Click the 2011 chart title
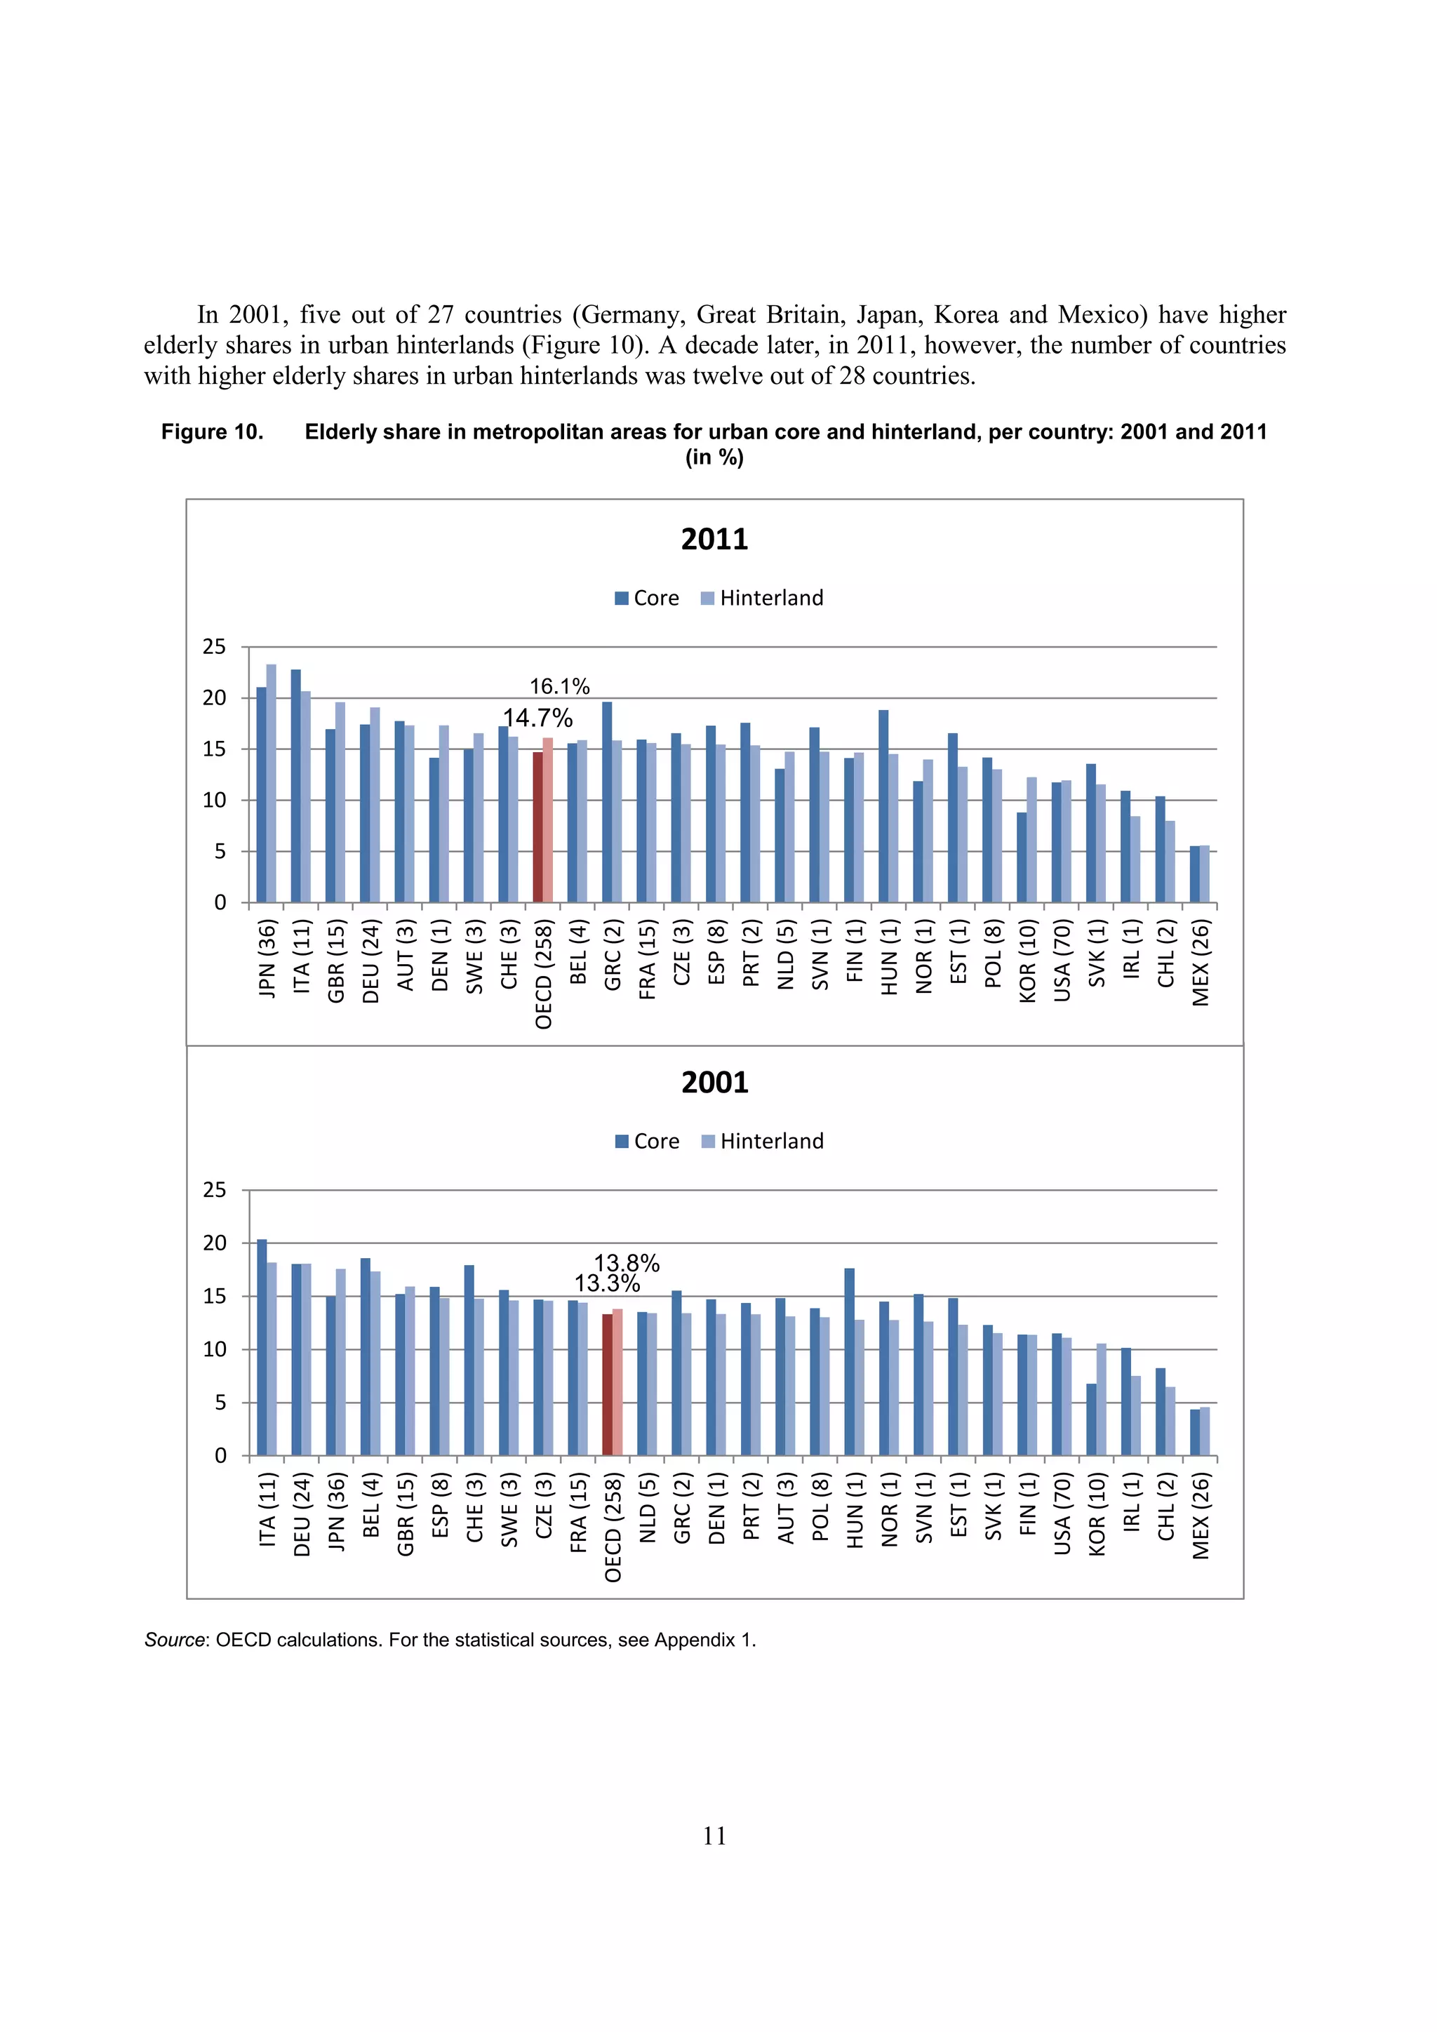(x=714, y=539)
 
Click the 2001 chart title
(x=714, y=1083)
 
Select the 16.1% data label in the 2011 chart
(x=559, y=687)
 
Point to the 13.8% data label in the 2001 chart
(x=627, y=1263)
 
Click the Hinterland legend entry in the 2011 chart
(x=762, y=599)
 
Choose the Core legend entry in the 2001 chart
(x=647, y=1142)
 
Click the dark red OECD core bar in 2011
(x=537, y=827)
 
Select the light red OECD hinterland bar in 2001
(x=617, y=1382)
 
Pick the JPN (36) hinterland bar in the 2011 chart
(x=272, y=782)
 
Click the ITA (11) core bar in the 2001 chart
(x=262, y=1347)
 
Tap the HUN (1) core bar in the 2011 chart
(x=883, y=806)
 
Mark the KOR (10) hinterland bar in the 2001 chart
(x=1102, y=1399)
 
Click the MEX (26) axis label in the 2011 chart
(x=1200, y=963)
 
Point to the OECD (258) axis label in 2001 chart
(x=613, y=1528)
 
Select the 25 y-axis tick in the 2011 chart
(x=214, y=647)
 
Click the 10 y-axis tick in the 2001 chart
(x=214, y=1350)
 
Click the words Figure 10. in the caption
(x=213, y=432)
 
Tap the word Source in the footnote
(x=174, y=1640)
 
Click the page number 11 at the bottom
(x=714, y=1836)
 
